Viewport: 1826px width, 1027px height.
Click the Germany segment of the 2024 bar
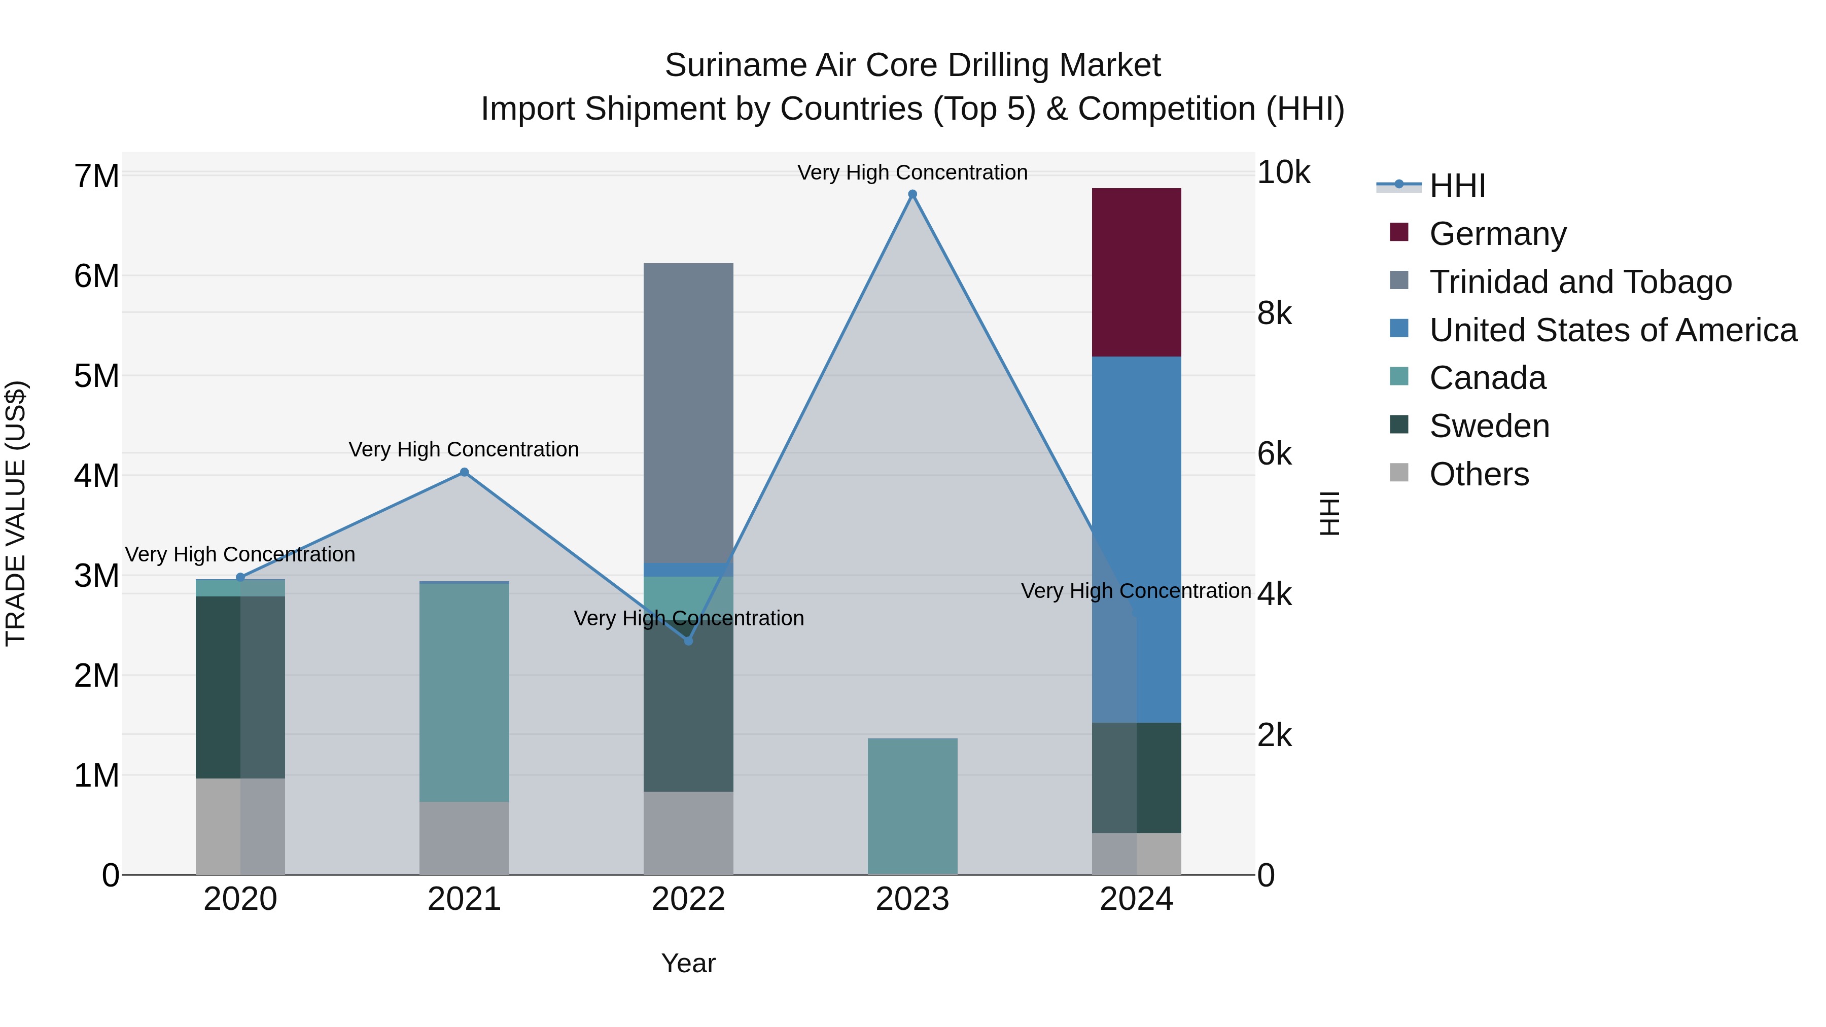[1136, 272]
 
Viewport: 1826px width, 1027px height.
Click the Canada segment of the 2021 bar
[464, 692]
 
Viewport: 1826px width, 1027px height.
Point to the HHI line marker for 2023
[912, 194]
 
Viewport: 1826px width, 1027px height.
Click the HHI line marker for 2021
[464, 472]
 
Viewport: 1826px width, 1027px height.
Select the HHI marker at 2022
[688, 641]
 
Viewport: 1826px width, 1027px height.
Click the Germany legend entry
[1497, 234]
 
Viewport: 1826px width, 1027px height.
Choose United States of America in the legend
[1612, 330]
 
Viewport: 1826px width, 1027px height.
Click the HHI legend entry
[1457, 186]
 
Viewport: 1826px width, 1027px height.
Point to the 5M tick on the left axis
[96, 376]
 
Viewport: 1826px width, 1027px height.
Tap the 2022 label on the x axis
[688, 899]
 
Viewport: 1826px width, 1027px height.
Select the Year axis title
[688, 963]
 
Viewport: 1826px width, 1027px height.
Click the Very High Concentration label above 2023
[912, 172]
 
